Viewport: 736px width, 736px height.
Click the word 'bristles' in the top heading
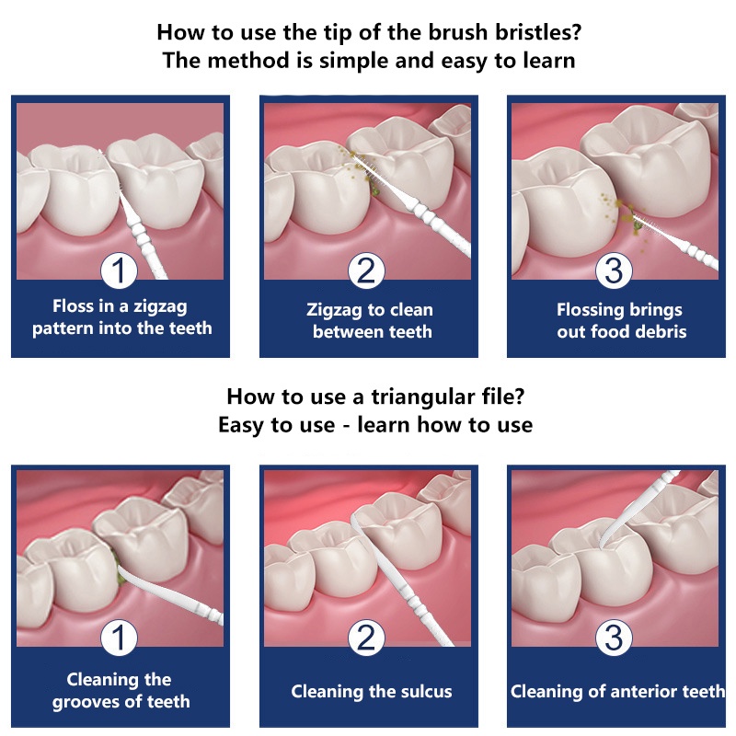(x=538, y=33)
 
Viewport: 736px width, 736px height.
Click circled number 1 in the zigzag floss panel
(x=119, y=270)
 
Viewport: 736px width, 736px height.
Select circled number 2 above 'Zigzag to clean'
(x=366, y=270)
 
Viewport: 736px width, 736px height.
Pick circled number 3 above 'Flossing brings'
(x=614, y=270)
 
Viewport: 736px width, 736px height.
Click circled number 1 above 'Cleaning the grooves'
(x=119, y=638)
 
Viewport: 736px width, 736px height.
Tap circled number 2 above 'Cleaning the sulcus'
(x=366, y=638)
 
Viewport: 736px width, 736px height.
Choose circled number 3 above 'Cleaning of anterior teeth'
(x=614, y=638)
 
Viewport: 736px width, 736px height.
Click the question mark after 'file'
(x=519, y=397)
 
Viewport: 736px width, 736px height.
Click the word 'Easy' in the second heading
(x=241, y=425)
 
